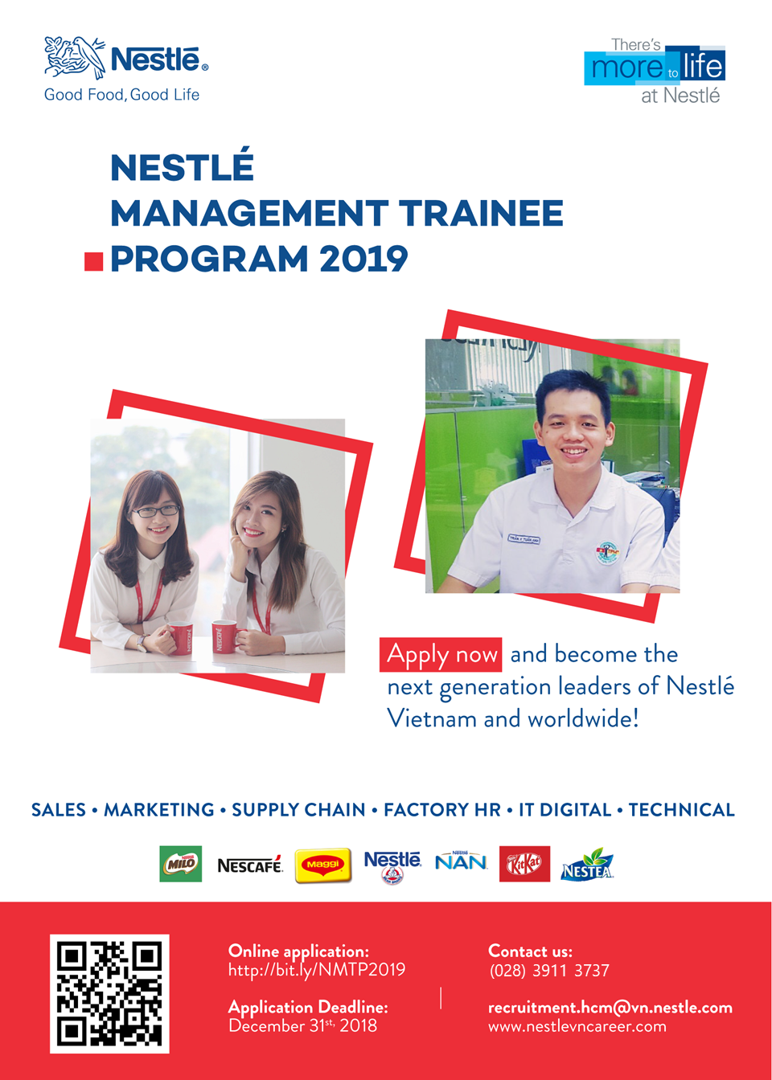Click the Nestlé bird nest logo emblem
(75, 57)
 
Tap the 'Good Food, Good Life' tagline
(121, 95)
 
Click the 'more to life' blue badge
(655, 66)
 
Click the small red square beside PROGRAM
(93, 262)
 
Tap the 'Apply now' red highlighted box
(441, 655)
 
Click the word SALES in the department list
(59, 810)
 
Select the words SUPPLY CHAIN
(298, 810)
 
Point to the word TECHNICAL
(681, 810)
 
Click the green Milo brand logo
(180, 864)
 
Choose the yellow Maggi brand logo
(322, 865)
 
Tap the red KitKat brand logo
(524, 864)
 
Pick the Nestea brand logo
(587, 865)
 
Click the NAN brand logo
(461, 861)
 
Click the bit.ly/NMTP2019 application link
(317, 970)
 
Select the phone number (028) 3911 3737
(549, 971)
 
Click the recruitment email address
(610, 1008)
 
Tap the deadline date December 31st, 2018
(302, 1026)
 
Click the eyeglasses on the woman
(156, 511)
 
